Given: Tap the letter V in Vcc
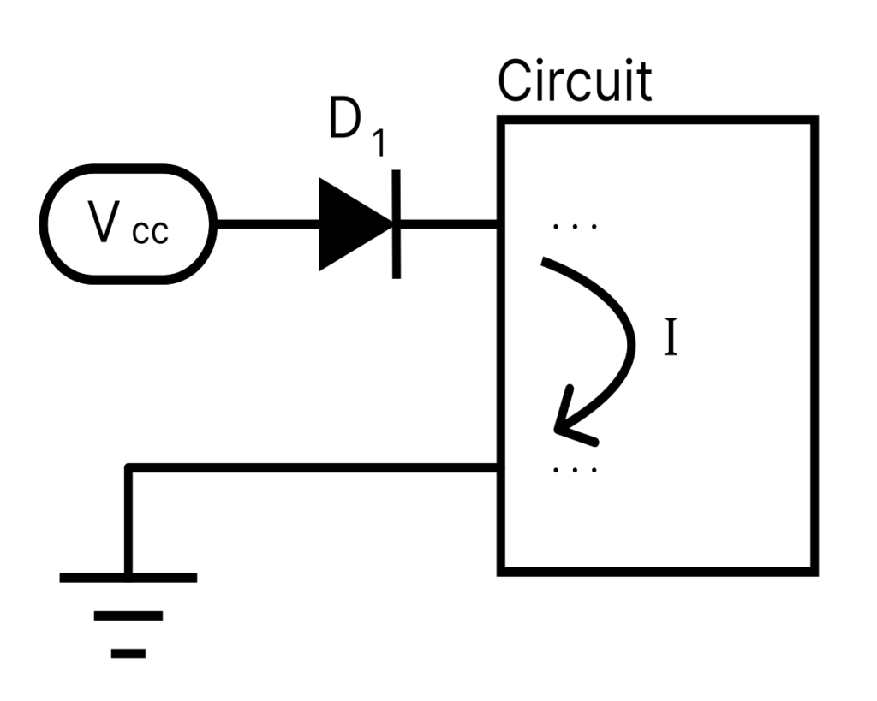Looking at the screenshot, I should (104, 223).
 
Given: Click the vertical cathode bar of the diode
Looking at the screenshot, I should (396, 224).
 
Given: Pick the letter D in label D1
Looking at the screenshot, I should (345, 124).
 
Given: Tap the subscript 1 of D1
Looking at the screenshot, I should (377, 144).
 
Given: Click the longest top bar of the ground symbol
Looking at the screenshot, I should (128, 578).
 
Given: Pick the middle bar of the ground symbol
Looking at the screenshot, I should (128, 615).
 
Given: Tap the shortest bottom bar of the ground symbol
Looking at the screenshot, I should (128, 653).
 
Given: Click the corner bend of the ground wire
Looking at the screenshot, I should (128, 468).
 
